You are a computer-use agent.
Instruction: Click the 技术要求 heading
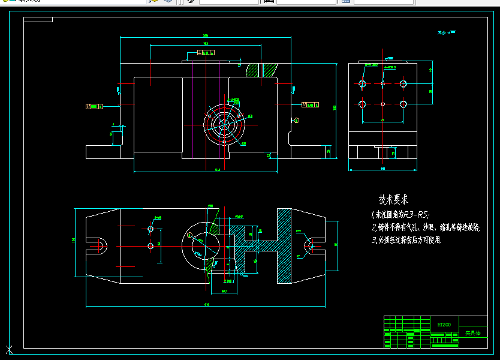(393, 199)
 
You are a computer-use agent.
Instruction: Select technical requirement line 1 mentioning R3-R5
(400, 214)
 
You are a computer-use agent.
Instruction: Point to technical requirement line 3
(405, 239)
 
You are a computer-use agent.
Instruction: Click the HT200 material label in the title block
(444, 324)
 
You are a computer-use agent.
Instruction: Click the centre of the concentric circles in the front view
(225, 125)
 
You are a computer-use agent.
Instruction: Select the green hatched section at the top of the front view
(269, 70)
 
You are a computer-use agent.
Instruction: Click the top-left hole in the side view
(362, 83)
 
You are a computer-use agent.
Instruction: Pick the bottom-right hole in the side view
(403, 104)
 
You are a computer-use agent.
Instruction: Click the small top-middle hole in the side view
(382, 83)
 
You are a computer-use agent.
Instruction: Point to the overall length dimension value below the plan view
(206, 305)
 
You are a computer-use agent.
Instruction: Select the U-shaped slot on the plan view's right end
(311, 245)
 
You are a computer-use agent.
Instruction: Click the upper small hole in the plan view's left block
(150, 229)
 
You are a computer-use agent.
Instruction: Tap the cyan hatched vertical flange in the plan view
(283, 246)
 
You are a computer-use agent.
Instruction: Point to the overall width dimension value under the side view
(382, 169)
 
